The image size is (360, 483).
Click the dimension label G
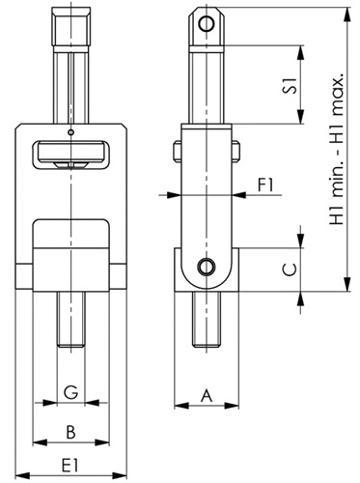click(x=70, y=391)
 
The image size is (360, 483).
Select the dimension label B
click(x=70, y=432)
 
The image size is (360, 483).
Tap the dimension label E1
click(x=70, y=466)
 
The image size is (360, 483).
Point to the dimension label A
click(x=207, y=395)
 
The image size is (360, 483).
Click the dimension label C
click(x=290, y=270)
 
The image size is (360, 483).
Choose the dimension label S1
click(x=290, y=86)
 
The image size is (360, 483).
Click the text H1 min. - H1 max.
click(x=337, y=149)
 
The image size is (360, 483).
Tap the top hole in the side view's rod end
click(x=207, y=23)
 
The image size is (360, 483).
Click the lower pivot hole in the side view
click(x=207, y=267)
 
